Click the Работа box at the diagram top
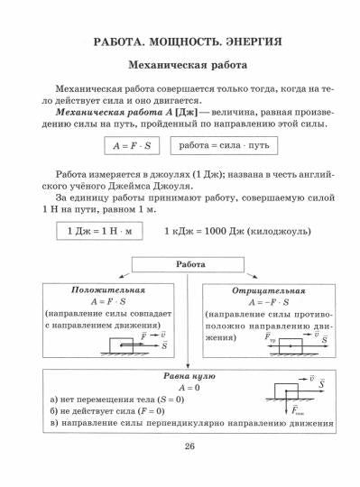click(189, 266)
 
